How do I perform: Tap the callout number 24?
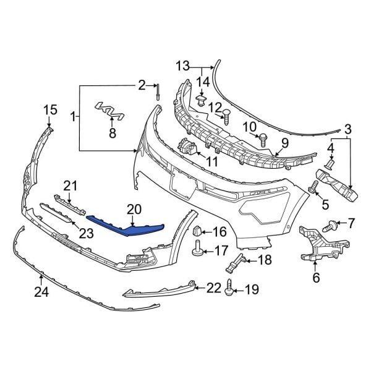pyautogui.click(x=41, y=292)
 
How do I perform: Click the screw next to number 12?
pyautogui.click(x=226, y=114)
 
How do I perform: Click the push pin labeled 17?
pyautogui.click(x=198, y=250)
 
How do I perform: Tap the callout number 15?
pyautogui.click(x=49, y=110)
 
